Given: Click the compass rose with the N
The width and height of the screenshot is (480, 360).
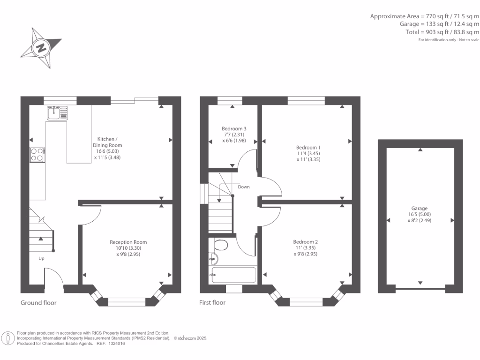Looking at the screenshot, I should pyautogui.click(x=41, y=47).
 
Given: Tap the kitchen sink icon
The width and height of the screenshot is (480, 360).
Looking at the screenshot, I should pyautogui.click(x=57, y=112).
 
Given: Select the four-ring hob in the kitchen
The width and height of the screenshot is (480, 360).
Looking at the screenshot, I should pyautogui.click(x=37, y=154).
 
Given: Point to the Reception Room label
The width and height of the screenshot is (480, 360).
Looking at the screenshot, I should pyautogui.click(x=125, y=242).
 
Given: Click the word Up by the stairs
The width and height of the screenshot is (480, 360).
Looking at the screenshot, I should pyautogui.click(x=42, y=258).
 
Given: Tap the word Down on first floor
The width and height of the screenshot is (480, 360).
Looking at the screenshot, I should pyautogui.click(x=244, y=187).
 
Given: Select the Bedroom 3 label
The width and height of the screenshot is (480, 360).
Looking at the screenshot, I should pyautogui.click(x=234, y=128).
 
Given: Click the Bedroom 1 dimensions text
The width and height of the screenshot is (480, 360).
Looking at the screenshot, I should pyautogui.click(x=308, y=156).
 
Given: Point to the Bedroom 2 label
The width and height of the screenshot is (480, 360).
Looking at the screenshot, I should pyautogui.click(x=306, y=242).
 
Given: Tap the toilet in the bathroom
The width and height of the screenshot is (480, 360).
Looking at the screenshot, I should pyautogui.click(x=220, y=245).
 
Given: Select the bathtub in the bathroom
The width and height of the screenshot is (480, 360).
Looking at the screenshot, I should pyautogui.click(x=233, y=275).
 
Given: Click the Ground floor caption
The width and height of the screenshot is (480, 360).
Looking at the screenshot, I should pyautogui.click(x=38, y=303).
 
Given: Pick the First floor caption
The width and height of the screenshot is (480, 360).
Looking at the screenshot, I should pyautogui.click(x=212, y=303).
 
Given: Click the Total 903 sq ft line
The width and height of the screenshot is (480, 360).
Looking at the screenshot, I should pyautogui.click(x=442, y=32).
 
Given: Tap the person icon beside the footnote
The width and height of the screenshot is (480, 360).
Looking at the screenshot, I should pyautogui.click(x=8, y=337).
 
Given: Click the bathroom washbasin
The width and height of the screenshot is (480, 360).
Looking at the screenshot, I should pyautogui.click(x=213, y=258).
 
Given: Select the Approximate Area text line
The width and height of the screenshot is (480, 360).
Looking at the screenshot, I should pyautogui.click(x=425, y=16).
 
